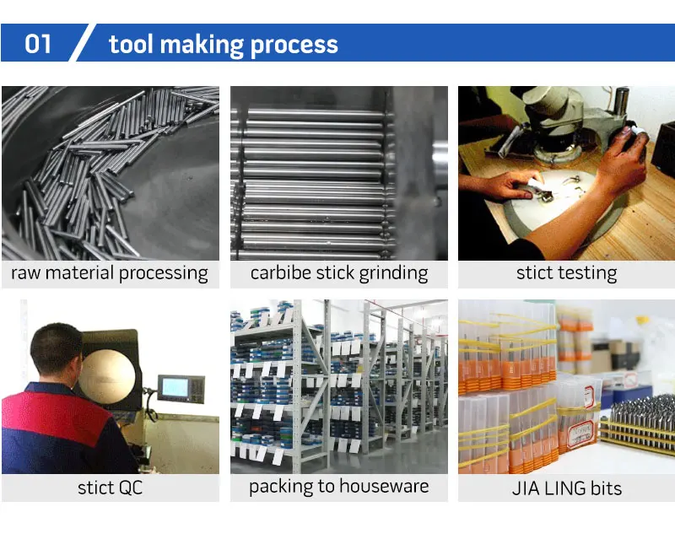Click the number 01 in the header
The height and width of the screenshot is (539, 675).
point(39,44)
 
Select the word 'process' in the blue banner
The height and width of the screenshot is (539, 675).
point(296,46)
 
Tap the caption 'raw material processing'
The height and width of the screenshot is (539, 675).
point(110,273)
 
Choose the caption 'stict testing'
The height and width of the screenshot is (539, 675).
point(566,273)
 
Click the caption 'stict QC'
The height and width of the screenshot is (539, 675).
point(110,488)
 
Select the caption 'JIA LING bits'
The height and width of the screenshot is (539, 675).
point(566,488)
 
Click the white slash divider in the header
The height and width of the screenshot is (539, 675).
point(82,43)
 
